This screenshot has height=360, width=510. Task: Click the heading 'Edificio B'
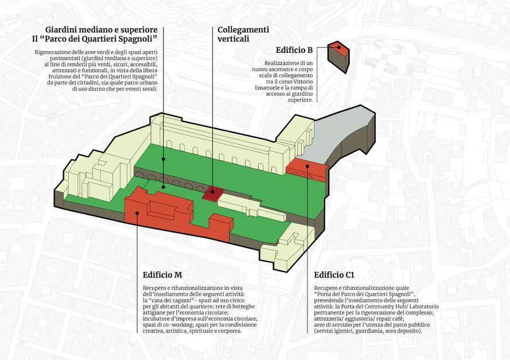click(294, 50)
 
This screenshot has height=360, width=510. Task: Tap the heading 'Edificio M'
click(162, 275)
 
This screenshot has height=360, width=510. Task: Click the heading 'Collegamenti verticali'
click(243, 34)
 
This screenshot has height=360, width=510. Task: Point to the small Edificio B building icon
click(338, 56)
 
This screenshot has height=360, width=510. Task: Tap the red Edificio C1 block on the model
click(306, 171)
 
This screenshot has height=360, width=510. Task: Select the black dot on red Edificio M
click(137, 213)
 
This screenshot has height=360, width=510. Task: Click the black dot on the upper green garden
click(163, 159)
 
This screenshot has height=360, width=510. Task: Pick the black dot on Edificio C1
click(307, 166)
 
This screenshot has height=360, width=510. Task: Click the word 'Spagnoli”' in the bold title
click(136, 38)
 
